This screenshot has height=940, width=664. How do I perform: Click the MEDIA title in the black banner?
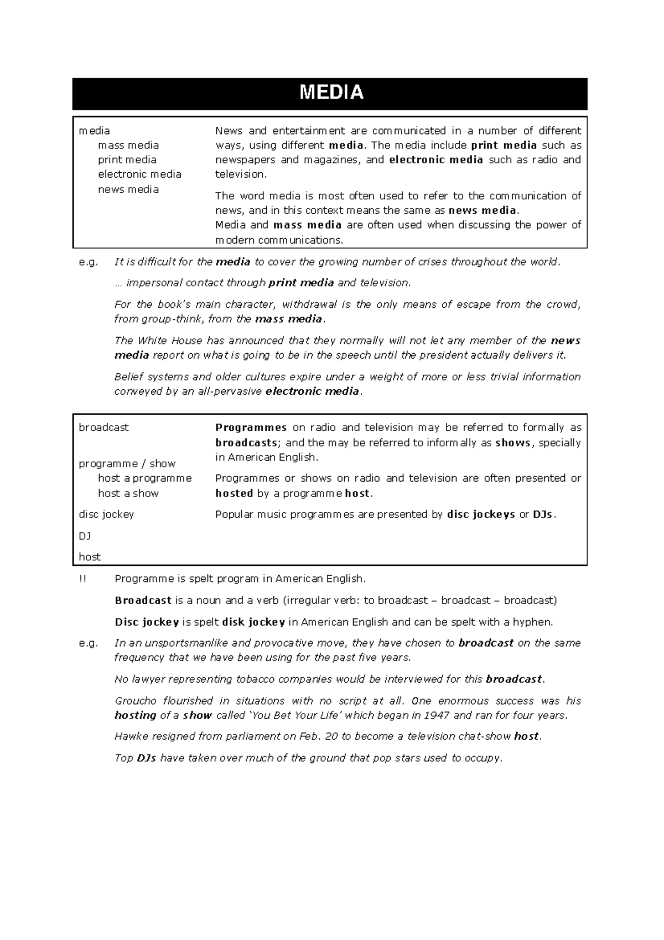[x=331, y=93]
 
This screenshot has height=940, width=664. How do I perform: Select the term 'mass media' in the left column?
[x=128, y=145]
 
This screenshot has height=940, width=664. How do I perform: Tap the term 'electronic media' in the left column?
[x=139, y=174]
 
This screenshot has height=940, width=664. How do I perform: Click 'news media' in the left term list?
[x=128, y=189]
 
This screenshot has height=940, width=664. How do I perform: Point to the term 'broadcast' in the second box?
[x=103, y=427]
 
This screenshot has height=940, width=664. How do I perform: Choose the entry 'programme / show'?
[x=127, y=463]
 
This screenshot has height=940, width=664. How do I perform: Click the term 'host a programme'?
[x=144, y=478]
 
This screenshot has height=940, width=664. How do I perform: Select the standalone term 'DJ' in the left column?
[x=85, y=535]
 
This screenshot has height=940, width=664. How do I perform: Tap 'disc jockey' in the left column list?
[x=106, y=514]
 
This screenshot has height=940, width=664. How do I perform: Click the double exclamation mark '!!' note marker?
[x=82, y=579]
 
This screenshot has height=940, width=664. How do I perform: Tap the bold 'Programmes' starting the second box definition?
[x=251, y=427]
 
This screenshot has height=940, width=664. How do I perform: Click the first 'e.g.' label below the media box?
[x=88, y=262]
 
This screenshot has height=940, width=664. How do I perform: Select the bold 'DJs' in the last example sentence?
[x=146, y=758]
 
